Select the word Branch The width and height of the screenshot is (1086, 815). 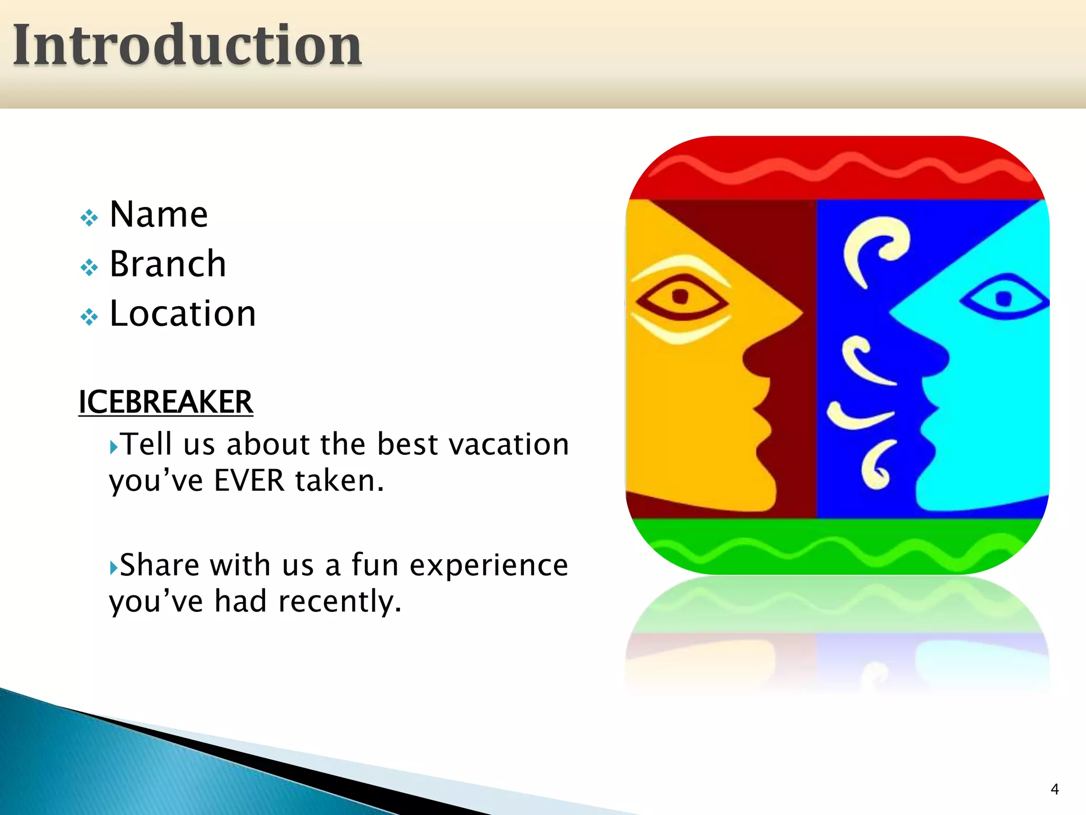click(x=168, y=264)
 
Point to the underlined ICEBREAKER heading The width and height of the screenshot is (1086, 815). click(x=165, y=402)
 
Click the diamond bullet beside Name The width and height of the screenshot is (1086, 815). click(x=89, y=218)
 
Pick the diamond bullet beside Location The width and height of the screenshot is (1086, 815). click(x=89, y=317)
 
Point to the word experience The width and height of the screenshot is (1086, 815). click(x=489, y=565)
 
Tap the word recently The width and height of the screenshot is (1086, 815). click(x=339, y=602)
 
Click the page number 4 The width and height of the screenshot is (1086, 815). click(x=1055, y=789)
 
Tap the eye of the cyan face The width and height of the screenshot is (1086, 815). click(x=1003, y=299)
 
